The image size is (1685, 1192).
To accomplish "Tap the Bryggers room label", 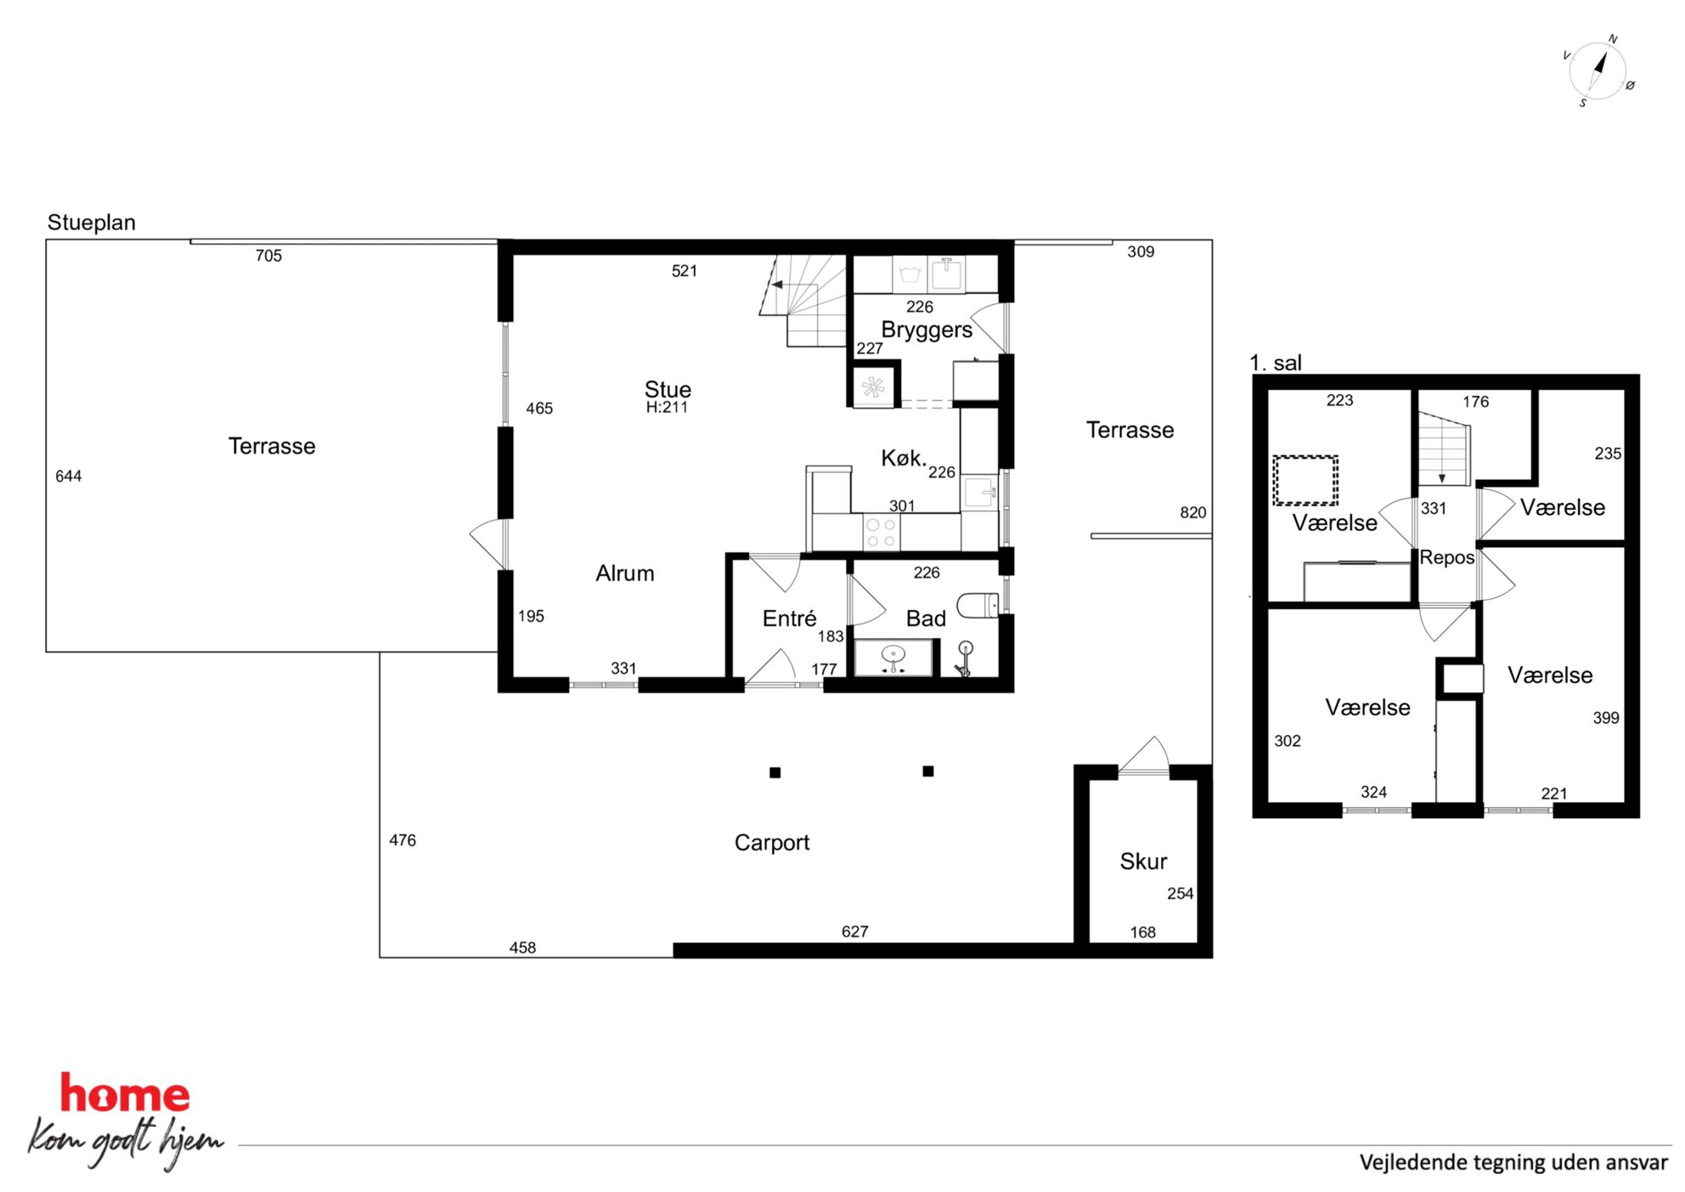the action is (927, 330).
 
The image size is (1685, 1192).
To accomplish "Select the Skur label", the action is (1143, 862).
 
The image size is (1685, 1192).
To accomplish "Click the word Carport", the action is (772, 843).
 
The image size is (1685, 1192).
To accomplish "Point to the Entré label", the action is (789, 619).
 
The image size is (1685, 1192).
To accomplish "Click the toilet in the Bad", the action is (978, 605).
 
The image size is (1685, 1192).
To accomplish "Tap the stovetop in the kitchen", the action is (881, 533).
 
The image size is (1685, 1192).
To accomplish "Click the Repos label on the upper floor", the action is (1447, 558).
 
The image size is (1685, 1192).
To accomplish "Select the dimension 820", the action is (1192, 512).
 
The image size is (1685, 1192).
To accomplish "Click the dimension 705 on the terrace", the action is (268, 256).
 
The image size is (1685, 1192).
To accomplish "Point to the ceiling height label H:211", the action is (667, 408).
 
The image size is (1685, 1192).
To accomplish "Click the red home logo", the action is (125, 1093).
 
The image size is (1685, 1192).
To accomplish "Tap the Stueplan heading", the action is (92, 223).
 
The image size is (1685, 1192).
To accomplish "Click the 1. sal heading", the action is (1276, 363).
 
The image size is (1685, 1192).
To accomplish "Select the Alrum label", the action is (625, 573).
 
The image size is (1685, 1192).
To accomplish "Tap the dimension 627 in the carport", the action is (854, 932).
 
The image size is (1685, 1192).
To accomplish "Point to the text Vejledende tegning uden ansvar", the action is (1513, 1162).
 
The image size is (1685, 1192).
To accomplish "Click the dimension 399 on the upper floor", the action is (1605, 718).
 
